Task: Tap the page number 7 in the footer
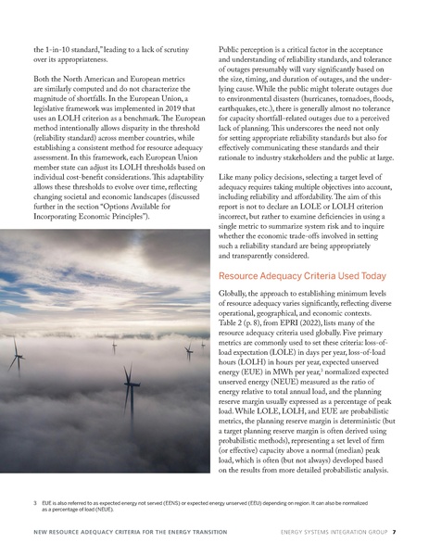point(395,532)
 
